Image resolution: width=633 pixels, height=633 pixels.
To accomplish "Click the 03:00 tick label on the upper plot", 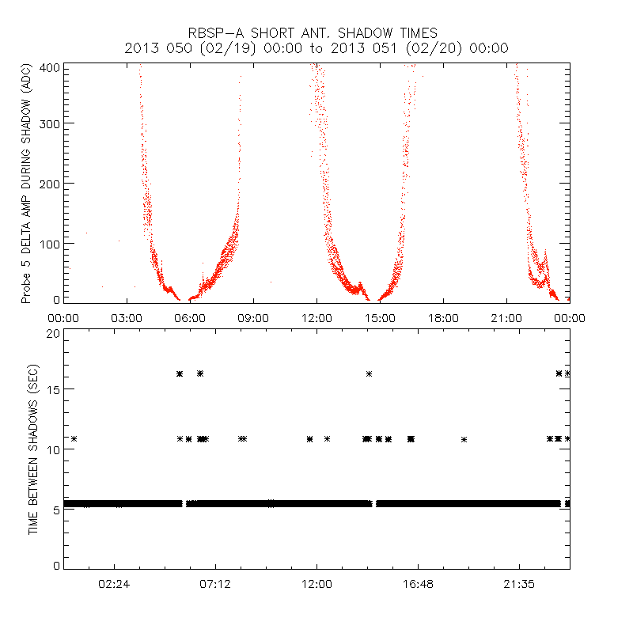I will tap(127, 317).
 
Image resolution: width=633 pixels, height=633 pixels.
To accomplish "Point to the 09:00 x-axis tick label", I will tap(253, 317).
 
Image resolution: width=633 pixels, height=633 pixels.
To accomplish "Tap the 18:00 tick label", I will tap(443, 317).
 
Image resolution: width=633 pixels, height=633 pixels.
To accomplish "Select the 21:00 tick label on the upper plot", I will tap(506, 317).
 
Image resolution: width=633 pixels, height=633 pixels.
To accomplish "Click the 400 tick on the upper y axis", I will tap(51, 68).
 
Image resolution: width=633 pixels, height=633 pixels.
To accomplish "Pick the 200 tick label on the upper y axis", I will tap(51, 183).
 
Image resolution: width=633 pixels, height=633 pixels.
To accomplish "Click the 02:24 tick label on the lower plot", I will tap(115, 583).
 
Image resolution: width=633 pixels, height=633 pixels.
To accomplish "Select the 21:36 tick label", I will tap(519, 583).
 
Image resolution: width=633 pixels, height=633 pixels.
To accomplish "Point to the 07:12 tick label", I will tap(215, 583).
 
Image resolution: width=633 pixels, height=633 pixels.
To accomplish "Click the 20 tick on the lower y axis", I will tap(54, 333).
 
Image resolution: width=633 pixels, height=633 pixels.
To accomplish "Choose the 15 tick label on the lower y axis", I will tap(54, 389).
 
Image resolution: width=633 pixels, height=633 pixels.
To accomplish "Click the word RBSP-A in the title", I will tap(219, 32).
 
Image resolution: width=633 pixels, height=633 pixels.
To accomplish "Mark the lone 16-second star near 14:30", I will tap(369, 373).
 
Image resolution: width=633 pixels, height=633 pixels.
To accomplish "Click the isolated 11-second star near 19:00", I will tap(464, 438).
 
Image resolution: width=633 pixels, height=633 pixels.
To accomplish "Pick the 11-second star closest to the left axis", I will tap(74, 438).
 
